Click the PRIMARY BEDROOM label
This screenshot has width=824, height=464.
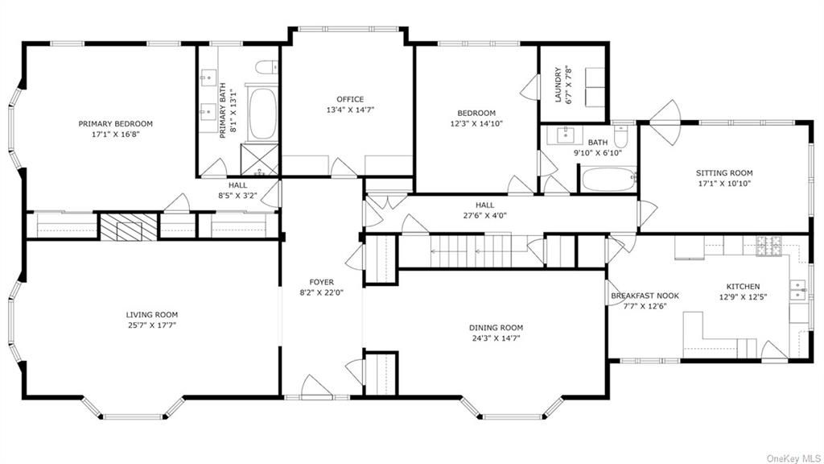click(116, 124)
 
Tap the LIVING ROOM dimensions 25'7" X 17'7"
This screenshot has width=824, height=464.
click(151, 325)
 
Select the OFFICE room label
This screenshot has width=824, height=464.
click(350, 99)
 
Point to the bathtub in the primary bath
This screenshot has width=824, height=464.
click(262, 114)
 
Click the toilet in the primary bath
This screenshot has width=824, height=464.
click(266, 68)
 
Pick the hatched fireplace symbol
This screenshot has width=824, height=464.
click(129, 226)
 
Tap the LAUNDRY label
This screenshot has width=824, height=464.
click(558, 84)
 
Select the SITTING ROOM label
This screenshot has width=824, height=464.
click(724, 173)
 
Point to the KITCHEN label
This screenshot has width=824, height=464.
click(743, 287)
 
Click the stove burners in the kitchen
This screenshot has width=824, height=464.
click(768, 246)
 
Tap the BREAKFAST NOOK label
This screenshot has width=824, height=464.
click(645, 296)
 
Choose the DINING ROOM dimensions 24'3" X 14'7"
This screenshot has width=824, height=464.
click(496, 338)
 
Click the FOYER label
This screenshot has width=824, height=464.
click(322, 283)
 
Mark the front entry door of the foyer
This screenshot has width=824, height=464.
click(317, 388)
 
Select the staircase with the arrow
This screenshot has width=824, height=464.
click(471, 251)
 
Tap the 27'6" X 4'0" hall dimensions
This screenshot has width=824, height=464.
click(485, 215)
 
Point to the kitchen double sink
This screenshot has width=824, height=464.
click(797, 290)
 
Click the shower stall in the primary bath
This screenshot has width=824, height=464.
click(260, 159)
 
